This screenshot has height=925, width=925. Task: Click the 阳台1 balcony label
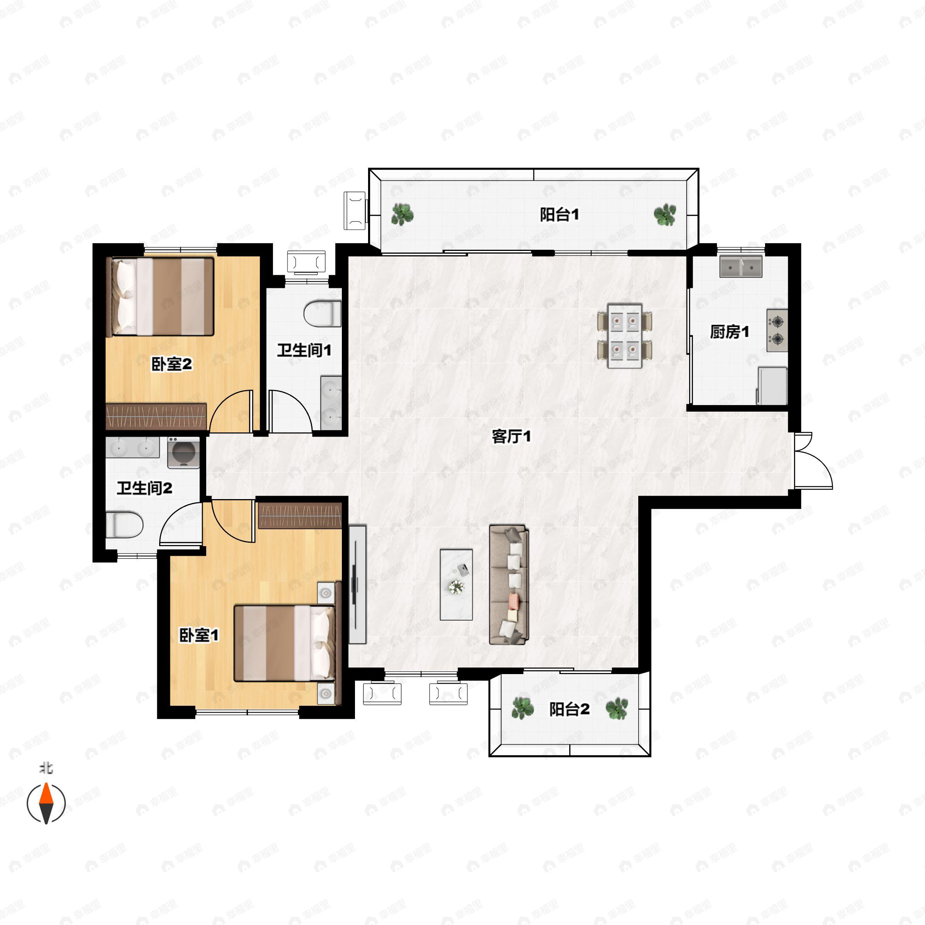click(559, 215)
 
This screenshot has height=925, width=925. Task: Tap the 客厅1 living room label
click(511, 436)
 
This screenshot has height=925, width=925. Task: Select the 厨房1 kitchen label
click(729, 331)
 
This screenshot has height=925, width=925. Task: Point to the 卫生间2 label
click(144, 488)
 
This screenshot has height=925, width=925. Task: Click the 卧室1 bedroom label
click(199, 635)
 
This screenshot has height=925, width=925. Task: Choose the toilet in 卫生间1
click(322, 314)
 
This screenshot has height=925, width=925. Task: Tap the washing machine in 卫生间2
click(183, 452)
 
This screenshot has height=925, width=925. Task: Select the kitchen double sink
click(741, 267)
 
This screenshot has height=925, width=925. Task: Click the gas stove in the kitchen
click(777, 330)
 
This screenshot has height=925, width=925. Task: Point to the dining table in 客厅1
click(625, 336)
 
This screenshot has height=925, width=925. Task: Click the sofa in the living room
click(509, 585)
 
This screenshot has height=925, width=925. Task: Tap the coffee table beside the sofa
click(456, 585)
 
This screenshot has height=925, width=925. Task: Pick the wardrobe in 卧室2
click(156, 417)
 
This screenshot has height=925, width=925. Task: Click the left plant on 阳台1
click(402, 215)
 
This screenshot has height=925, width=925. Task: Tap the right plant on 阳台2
click(617, 709)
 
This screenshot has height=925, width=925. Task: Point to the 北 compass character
click(46, 769)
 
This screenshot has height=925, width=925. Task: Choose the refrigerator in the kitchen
click(772, 385)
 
